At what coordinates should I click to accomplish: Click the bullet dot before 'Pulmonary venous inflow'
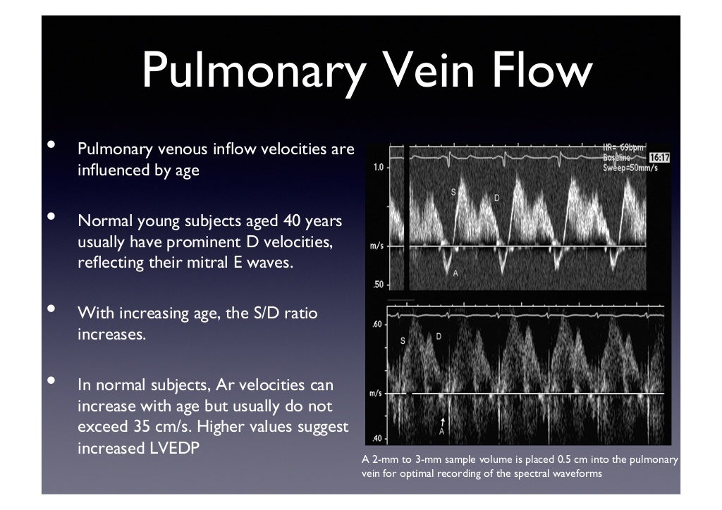coord(51,145)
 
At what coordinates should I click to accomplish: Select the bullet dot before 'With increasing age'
coord(51,309)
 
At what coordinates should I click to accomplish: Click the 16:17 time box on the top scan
coord(659,158)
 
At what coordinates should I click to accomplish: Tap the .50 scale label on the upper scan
coord(377,285)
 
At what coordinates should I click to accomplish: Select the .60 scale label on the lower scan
coord(377,325)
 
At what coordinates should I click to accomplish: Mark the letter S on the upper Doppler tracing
coord(453,191)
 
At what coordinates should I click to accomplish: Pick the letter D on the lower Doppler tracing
coord(438,337)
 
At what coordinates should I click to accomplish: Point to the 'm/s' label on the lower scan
coord(377,392)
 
